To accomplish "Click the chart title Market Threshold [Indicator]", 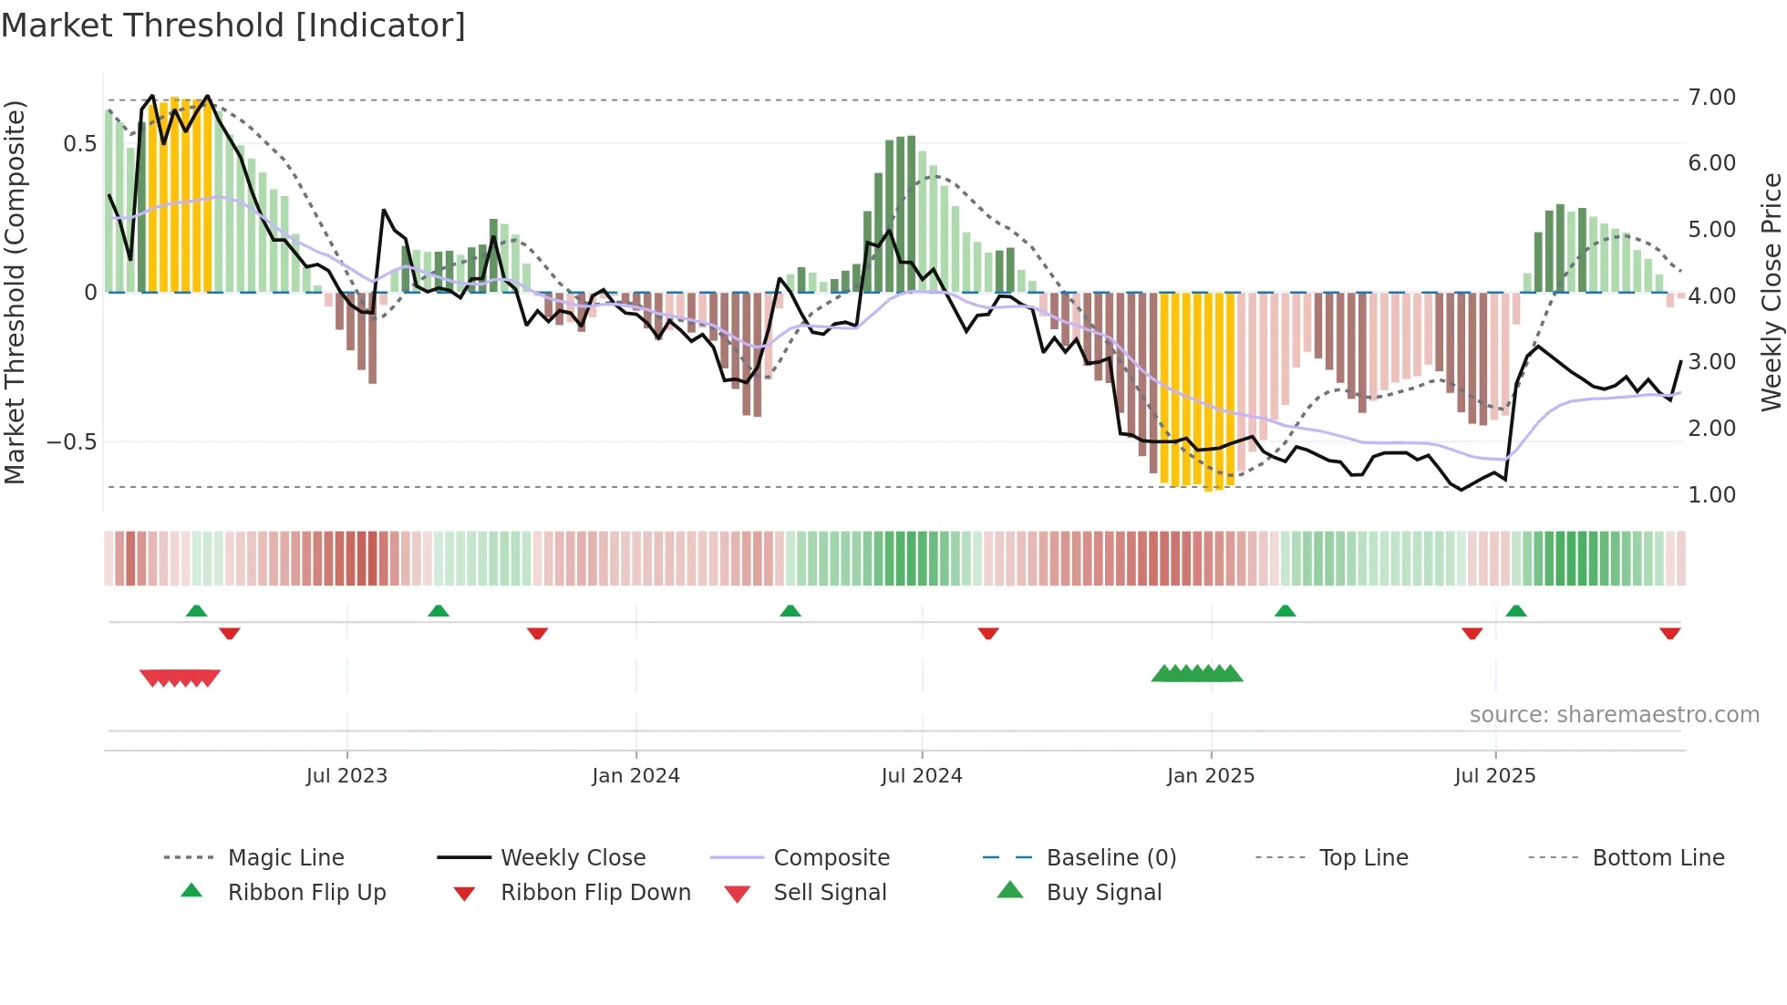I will click(x=233, y=26).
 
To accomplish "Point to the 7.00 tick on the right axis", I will click(x=1711, y=98).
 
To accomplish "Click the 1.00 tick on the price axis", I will click(x=1711, y=495).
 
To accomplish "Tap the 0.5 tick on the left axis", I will click(x=79, y=144).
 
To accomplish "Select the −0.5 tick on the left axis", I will click(x=71, y=442).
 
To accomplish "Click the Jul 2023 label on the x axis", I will click(x=346, y=776).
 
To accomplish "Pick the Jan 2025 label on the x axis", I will click(x=1210, y=776).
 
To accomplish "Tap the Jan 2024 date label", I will click(x=635, y=776).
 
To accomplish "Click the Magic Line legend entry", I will click(x=285, y=858).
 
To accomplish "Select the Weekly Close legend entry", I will click(x=573, y=858).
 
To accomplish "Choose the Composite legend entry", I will click(x=831, y=858).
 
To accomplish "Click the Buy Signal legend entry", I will click(x=1103, y=893).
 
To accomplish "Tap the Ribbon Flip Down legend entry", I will click(x=595, y=893).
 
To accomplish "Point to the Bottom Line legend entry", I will click(x=1658, y=858).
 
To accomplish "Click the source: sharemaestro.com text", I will click(x=1614, y=715).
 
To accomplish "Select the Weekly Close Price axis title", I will click(x=1771, y=292).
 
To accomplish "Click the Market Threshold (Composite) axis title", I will click(x=15, y=292).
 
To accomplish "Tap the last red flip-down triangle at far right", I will click(x=1669, y=633).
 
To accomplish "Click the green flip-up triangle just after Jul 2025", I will click(x=1515, y=611).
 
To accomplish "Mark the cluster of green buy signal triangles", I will click(x=1196, y=674).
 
